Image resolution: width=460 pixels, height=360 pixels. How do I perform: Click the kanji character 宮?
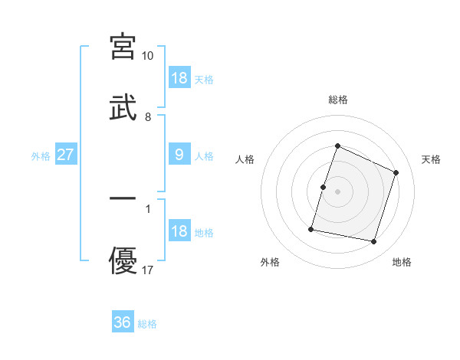click(123, 47)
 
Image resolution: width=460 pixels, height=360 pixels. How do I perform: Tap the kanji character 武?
click(123, 108)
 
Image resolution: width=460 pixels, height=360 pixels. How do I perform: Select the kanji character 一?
click(123, 198)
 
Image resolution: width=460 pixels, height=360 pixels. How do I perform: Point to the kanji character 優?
click(123, 261)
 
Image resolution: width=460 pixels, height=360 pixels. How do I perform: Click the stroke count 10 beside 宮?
click(148, 56)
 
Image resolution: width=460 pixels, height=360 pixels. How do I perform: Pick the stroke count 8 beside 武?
click(148, 117)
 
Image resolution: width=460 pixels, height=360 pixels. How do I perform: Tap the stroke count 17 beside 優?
click(148, 270)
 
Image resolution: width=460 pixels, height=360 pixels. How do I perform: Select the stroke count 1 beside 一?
click(148, 208)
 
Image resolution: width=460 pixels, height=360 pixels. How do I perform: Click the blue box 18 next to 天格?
click(179, 78)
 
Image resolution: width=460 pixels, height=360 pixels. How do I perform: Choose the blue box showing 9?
click(179, 155)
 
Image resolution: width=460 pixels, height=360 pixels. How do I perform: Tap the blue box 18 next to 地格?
click(179, 231)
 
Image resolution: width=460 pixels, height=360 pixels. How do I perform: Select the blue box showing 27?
click(66, 155)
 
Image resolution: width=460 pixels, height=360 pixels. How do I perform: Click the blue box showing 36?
click(123, 322)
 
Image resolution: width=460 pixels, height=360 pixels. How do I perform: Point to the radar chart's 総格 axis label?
click(337, 100)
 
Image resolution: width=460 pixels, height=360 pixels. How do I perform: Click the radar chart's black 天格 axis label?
click(431, 159)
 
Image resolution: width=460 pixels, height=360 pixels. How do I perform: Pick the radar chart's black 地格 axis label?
click(402, 262)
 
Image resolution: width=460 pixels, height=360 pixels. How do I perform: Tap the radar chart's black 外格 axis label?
click(270, 262)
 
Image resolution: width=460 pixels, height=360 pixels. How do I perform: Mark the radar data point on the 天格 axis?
click(396, 172)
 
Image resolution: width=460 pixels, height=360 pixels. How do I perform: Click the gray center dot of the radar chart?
click(337, 191)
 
